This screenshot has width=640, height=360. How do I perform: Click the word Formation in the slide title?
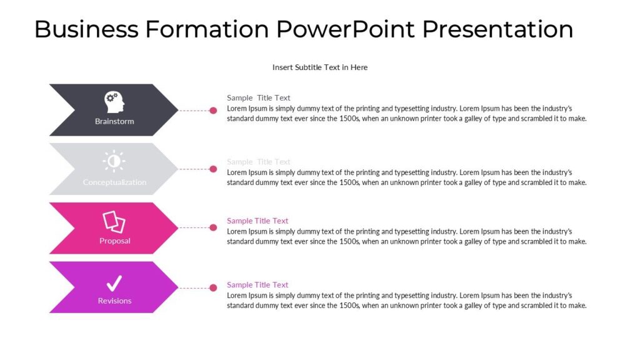click(x=207, y=29)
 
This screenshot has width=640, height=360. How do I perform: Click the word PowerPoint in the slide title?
click(x=346, y=29)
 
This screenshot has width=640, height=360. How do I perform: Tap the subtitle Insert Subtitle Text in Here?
click(x=320, y=67)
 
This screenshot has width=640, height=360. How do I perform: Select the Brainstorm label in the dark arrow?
click(x=114, y=121)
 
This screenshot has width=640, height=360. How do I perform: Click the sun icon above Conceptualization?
click(x=114, y=161)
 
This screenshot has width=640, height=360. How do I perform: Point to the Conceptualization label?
click(x=114, y=182)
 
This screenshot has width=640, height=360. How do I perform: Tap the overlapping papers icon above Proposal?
click(x=114, y=221)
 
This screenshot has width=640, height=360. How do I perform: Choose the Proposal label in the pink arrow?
click(x=115, y=241)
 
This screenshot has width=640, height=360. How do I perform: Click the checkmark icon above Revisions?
click(x=114, y=283)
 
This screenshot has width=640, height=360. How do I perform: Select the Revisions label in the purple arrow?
click(x=114, y=301)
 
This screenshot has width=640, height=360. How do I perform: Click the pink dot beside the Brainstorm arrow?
click(x=213, y=111)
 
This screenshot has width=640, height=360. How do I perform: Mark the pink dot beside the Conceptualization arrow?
click(x=213, y=169)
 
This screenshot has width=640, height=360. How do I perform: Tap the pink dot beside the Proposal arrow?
click(x=213, y=228)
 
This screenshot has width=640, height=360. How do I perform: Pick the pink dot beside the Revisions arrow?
click(x=213, y=287)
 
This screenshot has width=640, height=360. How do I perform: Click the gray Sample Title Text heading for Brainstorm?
click(x=258, y=97)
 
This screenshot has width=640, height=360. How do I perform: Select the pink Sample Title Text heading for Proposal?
click(x=257, y=221)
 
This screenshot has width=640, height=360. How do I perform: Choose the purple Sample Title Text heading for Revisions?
click(x=257, y=285)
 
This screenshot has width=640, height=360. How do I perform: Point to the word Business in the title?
click(x=86, y=29)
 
